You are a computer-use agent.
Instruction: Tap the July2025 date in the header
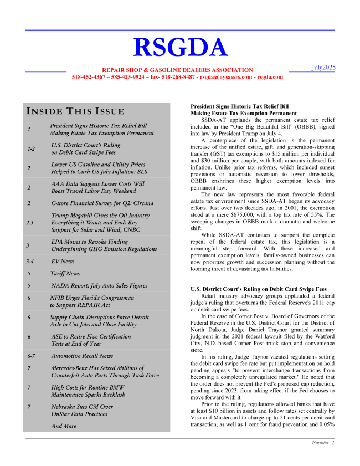click(322, 68)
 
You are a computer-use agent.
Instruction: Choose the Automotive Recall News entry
click(81, 356)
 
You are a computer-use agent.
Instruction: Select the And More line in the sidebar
click(63, 426)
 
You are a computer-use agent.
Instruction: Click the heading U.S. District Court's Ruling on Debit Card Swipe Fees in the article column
click(258, 289)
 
